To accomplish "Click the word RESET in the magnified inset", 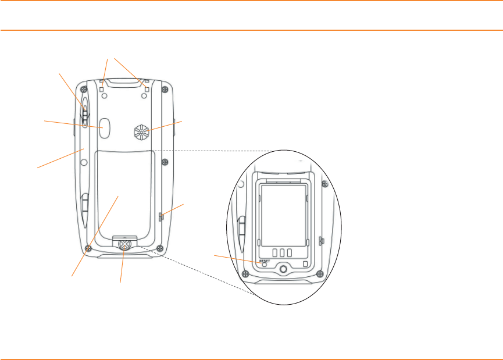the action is [265, 262].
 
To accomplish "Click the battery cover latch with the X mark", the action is [123, 246].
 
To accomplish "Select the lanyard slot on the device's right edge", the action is [162, 217].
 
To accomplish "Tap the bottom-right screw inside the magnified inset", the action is [319, 273].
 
